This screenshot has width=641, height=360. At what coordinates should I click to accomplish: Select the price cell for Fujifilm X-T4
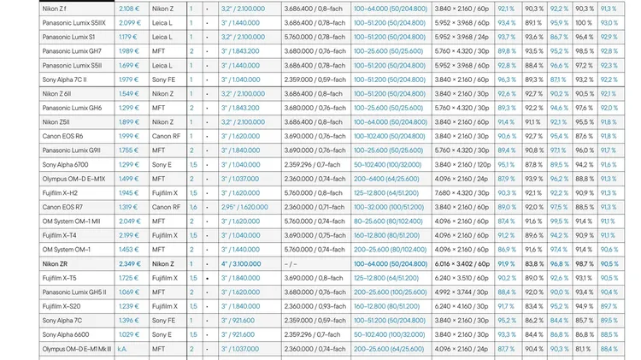pos(129,235)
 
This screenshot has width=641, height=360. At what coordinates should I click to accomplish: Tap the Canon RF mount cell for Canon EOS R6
pos(166,136)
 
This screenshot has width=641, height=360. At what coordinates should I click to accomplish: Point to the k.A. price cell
pos(123,349)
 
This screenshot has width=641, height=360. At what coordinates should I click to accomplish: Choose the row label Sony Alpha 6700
pos(66,164)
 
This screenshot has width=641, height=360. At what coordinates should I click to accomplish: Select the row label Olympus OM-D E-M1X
pos(74,179)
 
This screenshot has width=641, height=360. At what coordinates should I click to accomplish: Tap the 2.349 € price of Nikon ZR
pos(129,264)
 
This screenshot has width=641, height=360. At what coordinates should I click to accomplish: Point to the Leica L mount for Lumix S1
pos(162,38)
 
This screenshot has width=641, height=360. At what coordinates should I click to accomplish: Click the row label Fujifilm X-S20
pos(62,306)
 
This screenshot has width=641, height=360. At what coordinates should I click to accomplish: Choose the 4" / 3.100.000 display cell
pos(243,264)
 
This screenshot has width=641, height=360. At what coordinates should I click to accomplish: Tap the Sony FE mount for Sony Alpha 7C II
pos(163,80)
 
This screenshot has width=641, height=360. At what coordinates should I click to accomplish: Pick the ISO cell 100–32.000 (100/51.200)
pos(389,207)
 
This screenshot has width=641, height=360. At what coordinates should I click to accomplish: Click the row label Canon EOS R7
pos(62,207)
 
